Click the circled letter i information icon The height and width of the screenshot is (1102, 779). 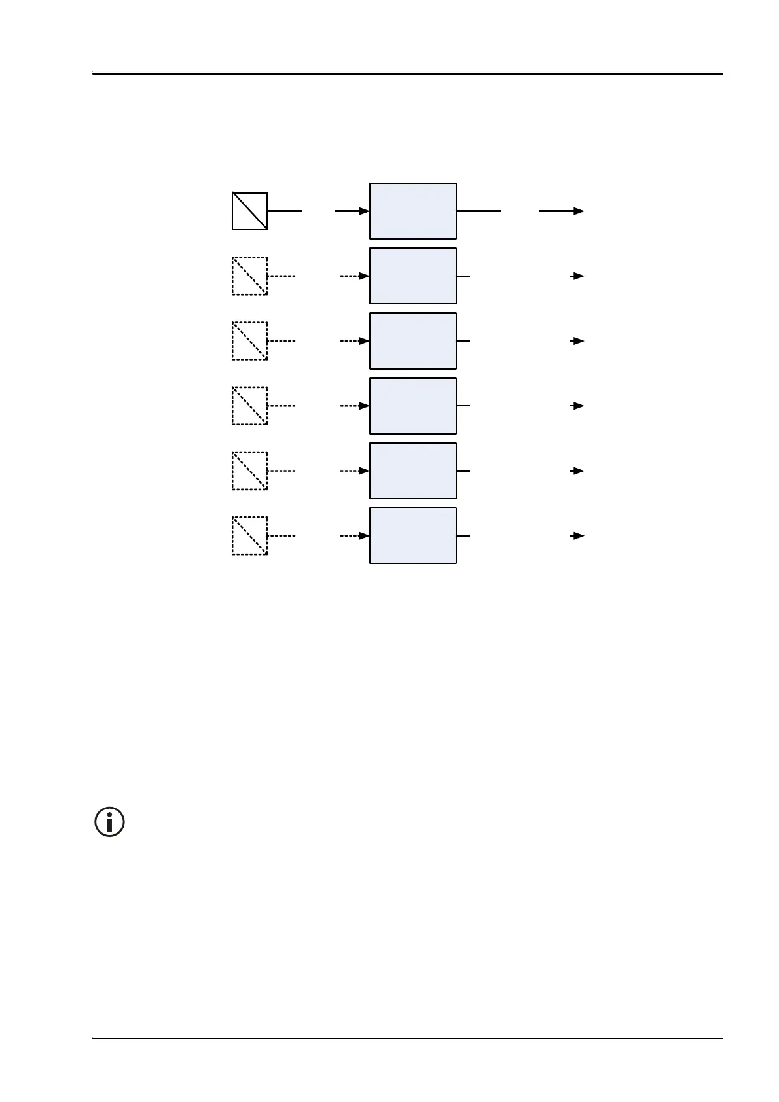coord(110,821)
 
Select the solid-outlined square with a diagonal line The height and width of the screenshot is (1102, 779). coord(249,211)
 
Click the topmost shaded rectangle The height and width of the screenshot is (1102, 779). coord(412,211)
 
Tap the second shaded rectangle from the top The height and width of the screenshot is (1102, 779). coord(412,275)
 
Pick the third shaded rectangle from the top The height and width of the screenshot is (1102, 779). coord(412,340)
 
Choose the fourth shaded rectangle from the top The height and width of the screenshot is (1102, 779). coord(412,405)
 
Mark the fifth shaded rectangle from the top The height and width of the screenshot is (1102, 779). coord(412,470)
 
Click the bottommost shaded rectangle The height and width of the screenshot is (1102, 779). coord(412,535)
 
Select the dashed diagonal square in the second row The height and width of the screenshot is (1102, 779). coord(249,275)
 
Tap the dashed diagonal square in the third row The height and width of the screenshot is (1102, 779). coord(249,340)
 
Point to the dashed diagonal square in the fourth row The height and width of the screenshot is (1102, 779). coord(249,405)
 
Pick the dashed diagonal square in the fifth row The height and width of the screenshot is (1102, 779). coord(249,470)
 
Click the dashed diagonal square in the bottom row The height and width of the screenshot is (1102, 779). coord(249,535)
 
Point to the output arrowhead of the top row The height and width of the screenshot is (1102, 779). coord(579,211)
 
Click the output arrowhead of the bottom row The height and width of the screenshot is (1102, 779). coord(579,535)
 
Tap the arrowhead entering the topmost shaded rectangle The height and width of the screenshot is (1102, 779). coord(365,211)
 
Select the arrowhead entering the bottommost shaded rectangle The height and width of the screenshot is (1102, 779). coord(365,535)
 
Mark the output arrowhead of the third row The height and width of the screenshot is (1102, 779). coord(579,340)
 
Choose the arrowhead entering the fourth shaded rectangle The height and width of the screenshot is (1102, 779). coord(365,405)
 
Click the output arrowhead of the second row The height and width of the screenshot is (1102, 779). coord(579,275)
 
